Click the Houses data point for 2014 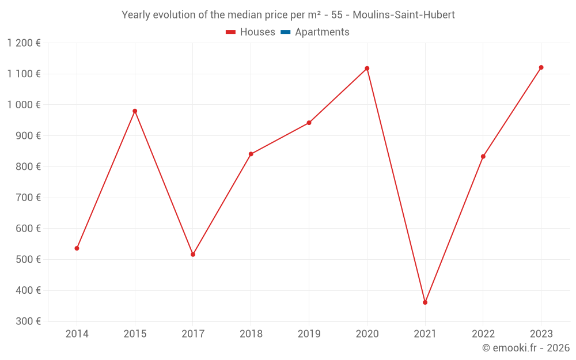pyautogui.click(x=77, y=248)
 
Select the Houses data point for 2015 pyautogui.click(x=135, y=111)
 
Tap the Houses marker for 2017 pyautogui.click(x=193, y=254)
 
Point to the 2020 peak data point pyautogui.click(x=367, y=69)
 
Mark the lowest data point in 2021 pyautogui.click(x=425, y=302)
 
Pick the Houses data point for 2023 pyautogui.click(x=541, y=67)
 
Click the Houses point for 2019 pyautogui.click(x=309, y=123)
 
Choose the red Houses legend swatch pyautogui.click(x=230, y=32)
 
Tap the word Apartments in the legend pyautogui.click(x=322, y=32)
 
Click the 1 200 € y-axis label pyautogui.click(x=24, y=43)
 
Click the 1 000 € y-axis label pyautogui.click(x=24, y=105)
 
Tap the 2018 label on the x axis pyautogui.click(x=251, y=334)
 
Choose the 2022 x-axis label pyautogui.click(x=483, y=334)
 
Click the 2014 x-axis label pyautogui.click(x=77, y=334)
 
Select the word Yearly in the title pyautogui.click(x=137, y=15)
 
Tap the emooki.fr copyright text pyautogui.click(x=526, y=348)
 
